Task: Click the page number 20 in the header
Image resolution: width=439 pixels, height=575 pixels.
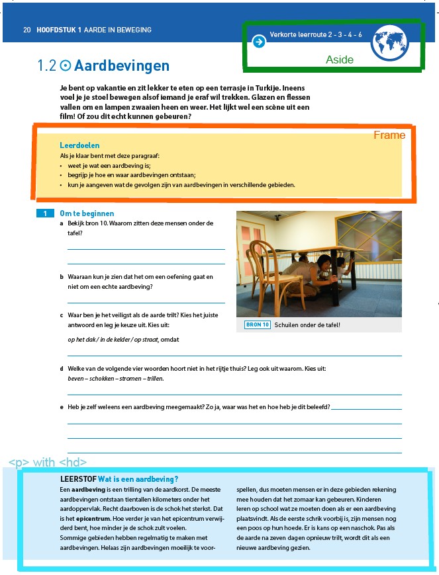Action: click(26, 30)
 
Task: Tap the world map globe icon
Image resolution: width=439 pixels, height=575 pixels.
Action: click(391, 42)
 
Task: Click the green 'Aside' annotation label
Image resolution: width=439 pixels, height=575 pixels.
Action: click(340, 59)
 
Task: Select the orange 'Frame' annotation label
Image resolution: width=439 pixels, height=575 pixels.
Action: click(389, 135)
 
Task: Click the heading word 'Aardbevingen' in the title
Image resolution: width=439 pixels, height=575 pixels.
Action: click(122, 66)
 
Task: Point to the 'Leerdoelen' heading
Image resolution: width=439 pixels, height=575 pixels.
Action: click(79, 145)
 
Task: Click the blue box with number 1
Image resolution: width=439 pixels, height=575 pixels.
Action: click(45, 213)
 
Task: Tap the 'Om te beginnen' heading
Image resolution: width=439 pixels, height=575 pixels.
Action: click(87, 213)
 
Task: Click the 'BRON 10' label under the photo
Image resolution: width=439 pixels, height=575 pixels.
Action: click(257, 325)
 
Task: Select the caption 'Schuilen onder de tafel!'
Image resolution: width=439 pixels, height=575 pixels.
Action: click(307, 325)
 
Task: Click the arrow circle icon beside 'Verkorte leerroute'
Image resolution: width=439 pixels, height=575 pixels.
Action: click(259, 42)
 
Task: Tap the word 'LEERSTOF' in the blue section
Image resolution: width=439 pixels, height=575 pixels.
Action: click(77, 479)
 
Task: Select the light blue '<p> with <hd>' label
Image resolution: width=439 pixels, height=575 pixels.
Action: click(47, 462)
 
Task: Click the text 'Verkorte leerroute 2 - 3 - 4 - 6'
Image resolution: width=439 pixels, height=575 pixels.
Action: click(316, 34)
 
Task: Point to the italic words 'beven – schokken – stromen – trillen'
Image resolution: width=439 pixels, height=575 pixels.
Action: click(115, 379)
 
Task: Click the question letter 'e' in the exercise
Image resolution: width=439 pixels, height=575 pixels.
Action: click(62, 407)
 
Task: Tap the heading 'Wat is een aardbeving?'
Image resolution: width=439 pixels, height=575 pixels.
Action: click(138, 479)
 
